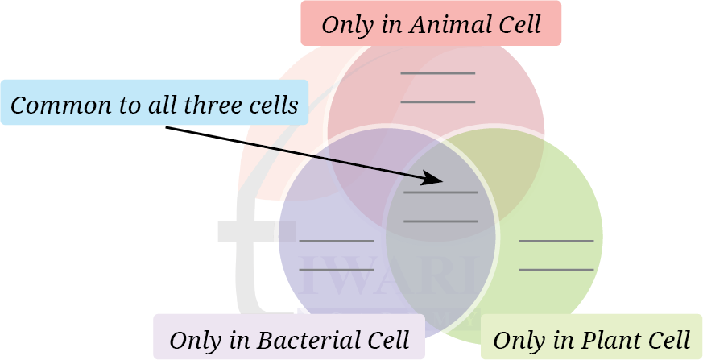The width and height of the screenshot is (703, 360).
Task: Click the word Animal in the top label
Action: tap(442, 24)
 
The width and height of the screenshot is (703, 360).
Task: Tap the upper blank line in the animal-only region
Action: tap(437, 73)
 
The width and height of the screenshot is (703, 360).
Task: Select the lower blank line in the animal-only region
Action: tap(437, 102)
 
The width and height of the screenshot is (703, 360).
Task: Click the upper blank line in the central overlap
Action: tap(440, 192)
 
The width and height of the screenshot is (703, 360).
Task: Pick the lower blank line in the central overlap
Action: tap(440, 221)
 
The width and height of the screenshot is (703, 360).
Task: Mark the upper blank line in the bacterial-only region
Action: tap(336, 241)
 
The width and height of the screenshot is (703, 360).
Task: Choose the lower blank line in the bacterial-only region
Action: tap(336, 270)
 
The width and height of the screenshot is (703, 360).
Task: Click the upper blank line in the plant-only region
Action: tap(556, 241)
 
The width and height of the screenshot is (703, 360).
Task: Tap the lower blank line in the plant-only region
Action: tap(556, 270)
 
